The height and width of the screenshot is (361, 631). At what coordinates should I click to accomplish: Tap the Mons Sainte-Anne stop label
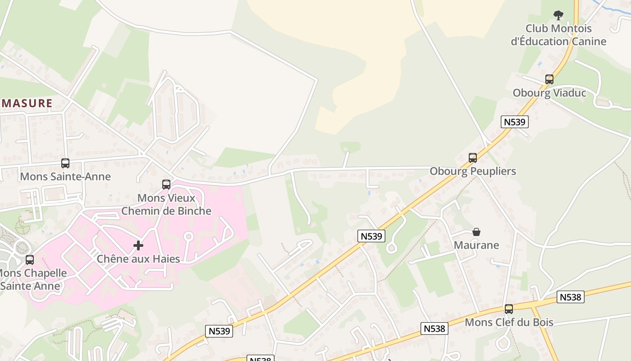tap(65, 176)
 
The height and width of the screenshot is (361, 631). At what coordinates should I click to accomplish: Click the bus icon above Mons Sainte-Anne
tap(65, 163)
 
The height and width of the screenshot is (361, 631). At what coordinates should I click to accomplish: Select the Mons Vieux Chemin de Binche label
tap(166, 204)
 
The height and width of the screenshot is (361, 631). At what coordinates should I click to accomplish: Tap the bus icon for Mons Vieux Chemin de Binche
tap(166, 185)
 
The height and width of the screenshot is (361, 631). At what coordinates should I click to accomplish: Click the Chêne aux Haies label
tap(138, 259)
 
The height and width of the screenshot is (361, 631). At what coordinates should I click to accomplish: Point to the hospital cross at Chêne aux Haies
tap(138, 245)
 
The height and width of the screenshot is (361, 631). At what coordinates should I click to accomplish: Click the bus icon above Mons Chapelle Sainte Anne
tap(30, 260)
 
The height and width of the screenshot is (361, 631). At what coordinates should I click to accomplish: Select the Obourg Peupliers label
tap(473, 171)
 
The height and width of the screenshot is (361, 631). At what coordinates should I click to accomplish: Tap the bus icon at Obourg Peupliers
tap(473, 158)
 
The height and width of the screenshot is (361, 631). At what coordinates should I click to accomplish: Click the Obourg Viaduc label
tap(549, 93)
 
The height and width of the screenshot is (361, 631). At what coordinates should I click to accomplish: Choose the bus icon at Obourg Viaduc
tap(549, 79)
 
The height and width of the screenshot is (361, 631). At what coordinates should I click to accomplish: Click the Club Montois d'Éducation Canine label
tap(558, 35)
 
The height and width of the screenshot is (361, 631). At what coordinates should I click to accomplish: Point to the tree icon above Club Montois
tap(558, 15)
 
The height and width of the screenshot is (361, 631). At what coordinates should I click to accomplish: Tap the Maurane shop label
tap(476, 245)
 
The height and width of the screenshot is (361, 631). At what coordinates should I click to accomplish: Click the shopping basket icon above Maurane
tap(476, 232)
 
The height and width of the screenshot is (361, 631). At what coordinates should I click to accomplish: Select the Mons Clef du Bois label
tap(509, 323)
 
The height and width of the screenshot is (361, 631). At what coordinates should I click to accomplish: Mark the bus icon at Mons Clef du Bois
tap(509, 309)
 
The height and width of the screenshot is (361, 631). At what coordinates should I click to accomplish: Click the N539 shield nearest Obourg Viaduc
tap(514, 122)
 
